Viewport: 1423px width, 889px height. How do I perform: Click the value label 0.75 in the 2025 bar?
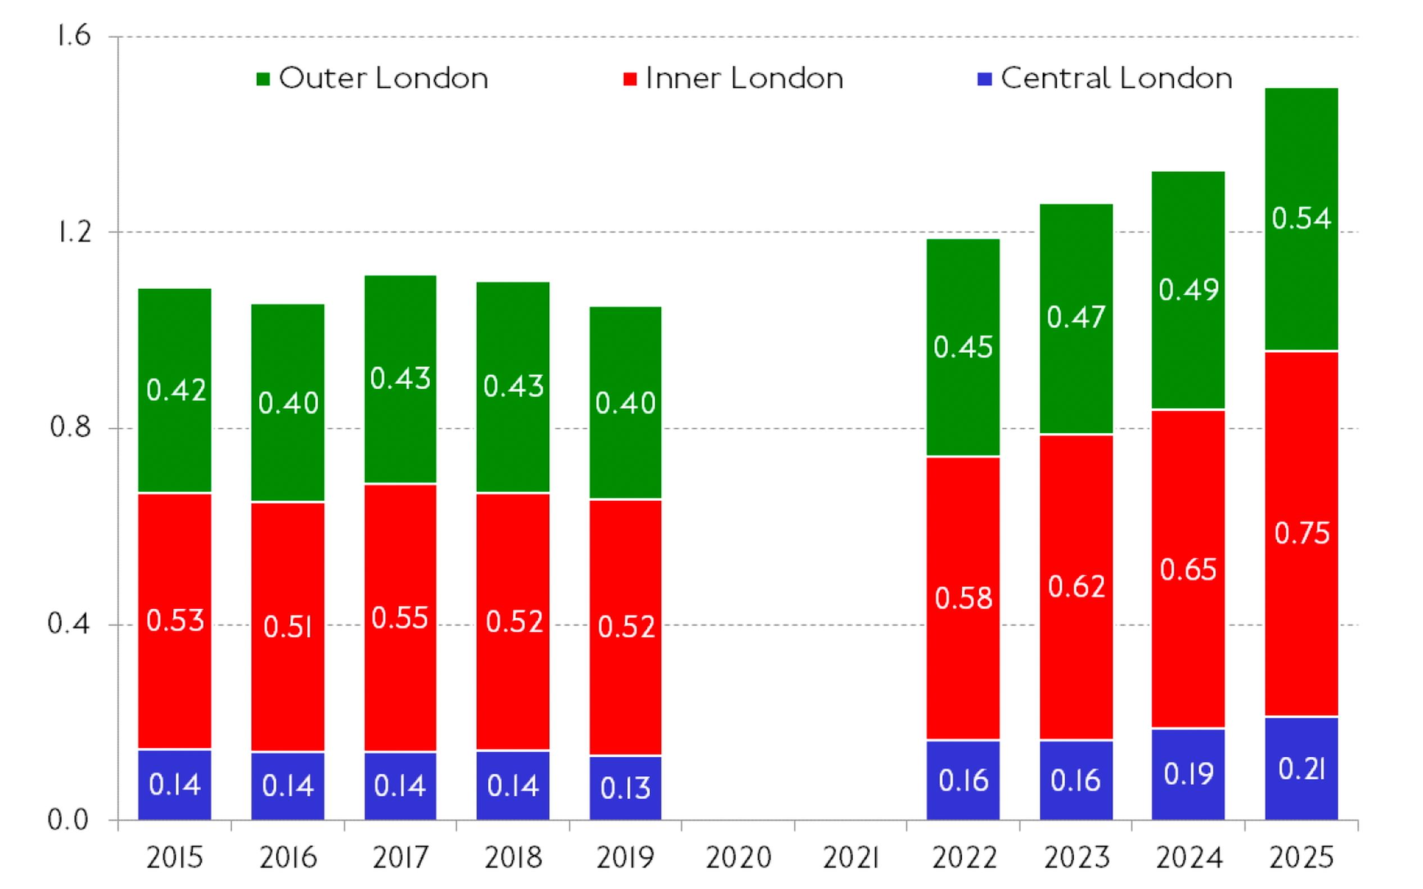coord(1302,533)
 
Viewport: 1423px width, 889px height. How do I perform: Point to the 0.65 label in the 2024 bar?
coord(1188,570)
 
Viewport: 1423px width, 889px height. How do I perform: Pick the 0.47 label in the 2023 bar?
coord(1075,317)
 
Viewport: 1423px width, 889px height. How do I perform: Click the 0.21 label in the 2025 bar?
coord(1302,769)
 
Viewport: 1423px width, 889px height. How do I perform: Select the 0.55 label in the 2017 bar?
coord(400,618)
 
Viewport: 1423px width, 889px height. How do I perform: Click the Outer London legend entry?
coord(382,78)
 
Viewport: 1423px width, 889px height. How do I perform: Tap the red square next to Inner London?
coord(629,79)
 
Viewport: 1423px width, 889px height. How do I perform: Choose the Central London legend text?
coord(1116,78)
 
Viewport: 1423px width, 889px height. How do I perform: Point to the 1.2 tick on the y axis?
coord(75,232)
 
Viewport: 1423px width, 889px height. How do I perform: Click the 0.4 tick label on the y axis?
coord(69,624)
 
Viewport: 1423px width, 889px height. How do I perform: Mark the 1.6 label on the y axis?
coord(74,37)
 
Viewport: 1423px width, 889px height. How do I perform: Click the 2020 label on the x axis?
coord(738,858)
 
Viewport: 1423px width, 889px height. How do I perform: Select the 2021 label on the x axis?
coord(850,858)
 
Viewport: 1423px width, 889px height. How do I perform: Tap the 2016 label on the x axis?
coord(288,858)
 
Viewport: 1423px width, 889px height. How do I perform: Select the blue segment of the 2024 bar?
coord(1188,774)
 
